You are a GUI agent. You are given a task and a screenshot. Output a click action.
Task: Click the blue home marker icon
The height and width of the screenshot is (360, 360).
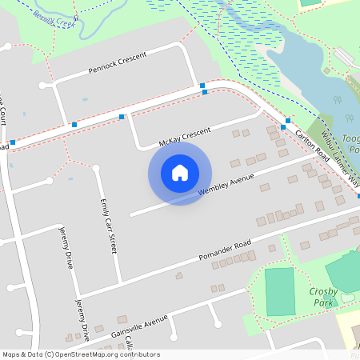pyautogui.click(x=180, y=173)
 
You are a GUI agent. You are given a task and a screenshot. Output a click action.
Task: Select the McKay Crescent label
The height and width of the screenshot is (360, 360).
pyautogui.click(x=184, y=137)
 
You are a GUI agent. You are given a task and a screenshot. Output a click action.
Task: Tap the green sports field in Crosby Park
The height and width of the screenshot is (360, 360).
pyautogui.click(x=279, y=291)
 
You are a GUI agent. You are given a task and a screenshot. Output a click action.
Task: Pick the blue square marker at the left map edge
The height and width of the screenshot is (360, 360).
pyautogui.click(x=13, y=142)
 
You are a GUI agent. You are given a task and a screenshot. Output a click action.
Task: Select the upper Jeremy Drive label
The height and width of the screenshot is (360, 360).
pyautogui.click(x=67, y=249)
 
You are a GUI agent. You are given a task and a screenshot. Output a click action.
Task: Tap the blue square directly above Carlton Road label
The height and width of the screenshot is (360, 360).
pyautogui.click(x=288, y=120)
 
